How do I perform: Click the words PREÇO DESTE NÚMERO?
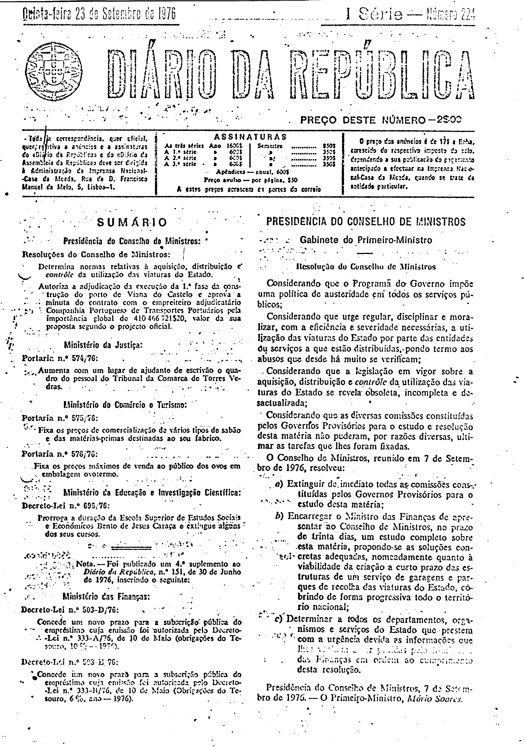tap(362, 120)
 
